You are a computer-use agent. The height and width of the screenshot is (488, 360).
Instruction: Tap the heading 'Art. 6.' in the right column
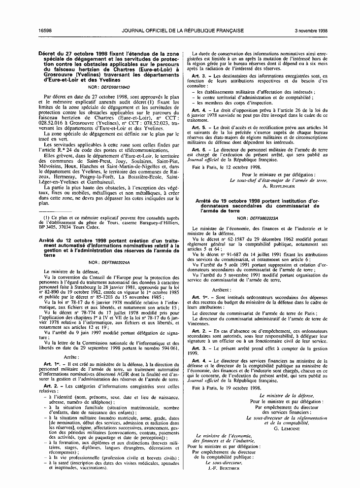(199, 149)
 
